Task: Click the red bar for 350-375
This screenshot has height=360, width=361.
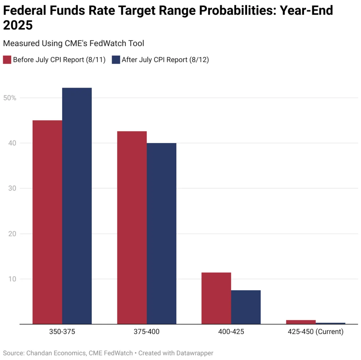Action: click(x=47, y=222)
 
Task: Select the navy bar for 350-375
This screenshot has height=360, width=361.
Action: click(x=77, y=206)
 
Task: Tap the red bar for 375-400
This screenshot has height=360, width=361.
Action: click(x=132, y=228)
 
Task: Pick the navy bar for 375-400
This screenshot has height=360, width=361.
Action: click(x=161, y=233)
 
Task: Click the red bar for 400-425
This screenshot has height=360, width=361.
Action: click(x=216, y=298)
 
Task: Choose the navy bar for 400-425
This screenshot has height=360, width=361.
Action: click(x=246, y=307)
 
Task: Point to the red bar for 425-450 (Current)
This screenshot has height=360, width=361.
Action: click(x=301, y=322)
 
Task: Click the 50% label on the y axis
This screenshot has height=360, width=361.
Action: click(x=10, y=98)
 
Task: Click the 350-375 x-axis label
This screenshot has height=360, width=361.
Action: click(x=62, y=332)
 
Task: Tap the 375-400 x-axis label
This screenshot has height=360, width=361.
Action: click(x=147, y=332)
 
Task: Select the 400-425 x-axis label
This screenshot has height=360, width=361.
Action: click(x=231, y=332)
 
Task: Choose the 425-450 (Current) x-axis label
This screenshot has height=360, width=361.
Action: click(x=316, y=332)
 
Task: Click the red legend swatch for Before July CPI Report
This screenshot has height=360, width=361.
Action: click(x=7, y=60)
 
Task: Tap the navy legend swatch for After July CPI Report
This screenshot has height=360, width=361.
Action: click(x=116, y=60)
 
